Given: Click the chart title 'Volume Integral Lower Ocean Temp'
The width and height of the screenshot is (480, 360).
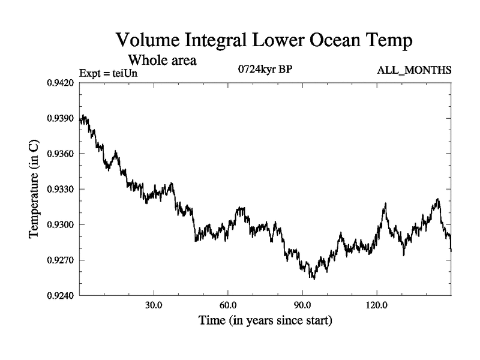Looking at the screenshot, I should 265,41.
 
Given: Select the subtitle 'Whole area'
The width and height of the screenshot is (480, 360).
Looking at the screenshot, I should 161,60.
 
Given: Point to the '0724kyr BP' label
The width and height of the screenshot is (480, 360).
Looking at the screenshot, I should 265,68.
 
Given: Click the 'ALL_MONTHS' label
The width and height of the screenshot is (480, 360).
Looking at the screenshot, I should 414,71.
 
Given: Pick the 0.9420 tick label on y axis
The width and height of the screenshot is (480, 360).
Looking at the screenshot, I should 60,83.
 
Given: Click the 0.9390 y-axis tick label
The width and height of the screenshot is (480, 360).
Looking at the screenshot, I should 60,118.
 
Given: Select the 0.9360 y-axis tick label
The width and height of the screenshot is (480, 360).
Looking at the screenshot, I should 60,154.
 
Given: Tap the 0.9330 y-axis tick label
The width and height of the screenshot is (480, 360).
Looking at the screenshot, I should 60,189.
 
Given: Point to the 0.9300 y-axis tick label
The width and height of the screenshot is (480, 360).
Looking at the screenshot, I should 60,224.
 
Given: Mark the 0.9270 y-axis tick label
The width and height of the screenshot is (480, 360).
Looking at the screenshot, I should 60,260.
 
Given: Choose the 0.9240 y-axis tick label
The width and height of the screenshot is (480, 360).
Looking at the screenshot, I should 60,295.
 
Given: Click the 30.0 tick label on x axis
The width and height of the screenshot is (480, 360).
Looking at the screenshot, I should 154,305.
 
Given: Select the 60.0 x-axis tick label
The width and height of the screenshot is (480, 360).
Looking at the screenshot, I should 228,305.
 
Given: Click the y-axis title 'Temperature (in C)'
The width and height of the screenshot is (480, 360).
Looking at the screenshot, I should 34,189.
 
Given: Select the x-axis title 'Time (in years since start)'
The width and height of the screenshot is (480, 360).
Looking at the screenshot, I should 265,321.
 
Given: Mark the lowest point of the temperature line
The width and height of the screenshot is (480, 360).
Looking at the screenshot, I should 313,279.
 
